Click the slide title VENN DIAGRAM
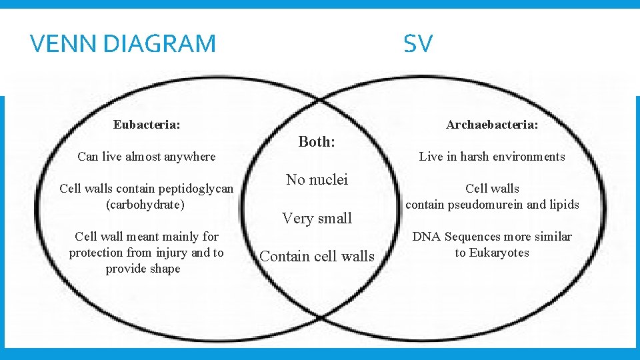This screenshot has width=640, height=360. [123, 44]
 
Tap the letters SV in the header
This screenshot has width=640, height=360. [418, 44]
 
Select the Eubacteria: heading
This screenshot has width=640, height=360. [147, 125]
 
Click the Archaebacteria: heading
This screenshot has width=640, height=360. [492, 125]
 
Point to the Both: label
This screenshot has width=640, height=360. [317, 141]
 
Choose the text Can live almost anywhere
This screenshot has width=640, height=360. [147, 157]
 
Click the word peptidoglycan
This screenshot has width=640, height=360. [197, 189]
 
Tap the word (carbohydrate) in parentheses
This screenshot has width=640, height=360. [145, 205]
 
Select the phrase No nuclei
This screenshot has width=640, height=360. [317, 179]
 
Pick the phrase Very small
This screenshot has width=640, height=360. [317, 218]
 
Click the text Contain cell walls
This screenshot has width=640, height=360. [317, 256]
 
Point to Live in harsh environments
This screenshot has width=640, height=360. [492, 157]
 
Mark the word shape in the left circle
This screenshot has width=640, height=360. [165, 269]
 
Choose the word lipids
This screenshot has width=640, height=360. [564, 205]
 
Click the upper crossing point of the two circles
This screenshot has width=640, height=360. [320, 100]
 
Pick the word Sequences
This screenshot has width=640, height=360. [471, 237]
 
